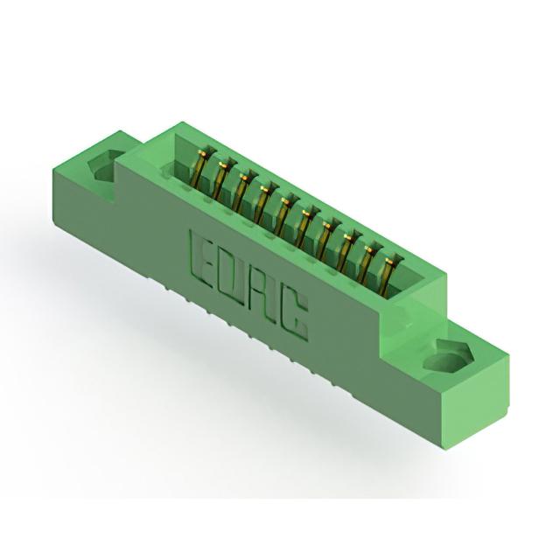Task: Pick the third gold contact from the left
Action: click(x=241, y=192)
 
